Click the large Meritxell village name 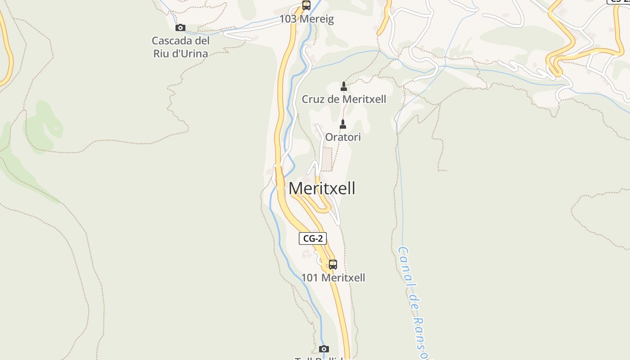322,188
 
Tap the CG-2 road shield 313,238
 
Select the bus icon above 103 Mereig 306,5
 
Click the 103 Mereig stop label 306,19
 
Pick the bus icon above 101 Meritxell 333,264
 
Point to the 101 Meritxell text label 333,278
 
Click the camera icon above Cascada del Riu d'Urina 180,27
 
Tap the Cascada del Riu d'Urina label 180,47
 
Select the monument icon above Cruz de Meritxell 344,86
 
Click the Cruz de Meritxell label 344,99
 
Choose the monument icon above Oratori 343,124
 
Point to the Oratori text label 343,137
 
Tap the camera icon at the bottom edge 324,349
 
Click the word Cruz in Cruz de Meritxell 313,99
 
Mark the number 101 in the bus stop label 310,278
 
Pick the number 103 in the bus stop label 288,19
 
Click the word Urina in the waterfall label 193,54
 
